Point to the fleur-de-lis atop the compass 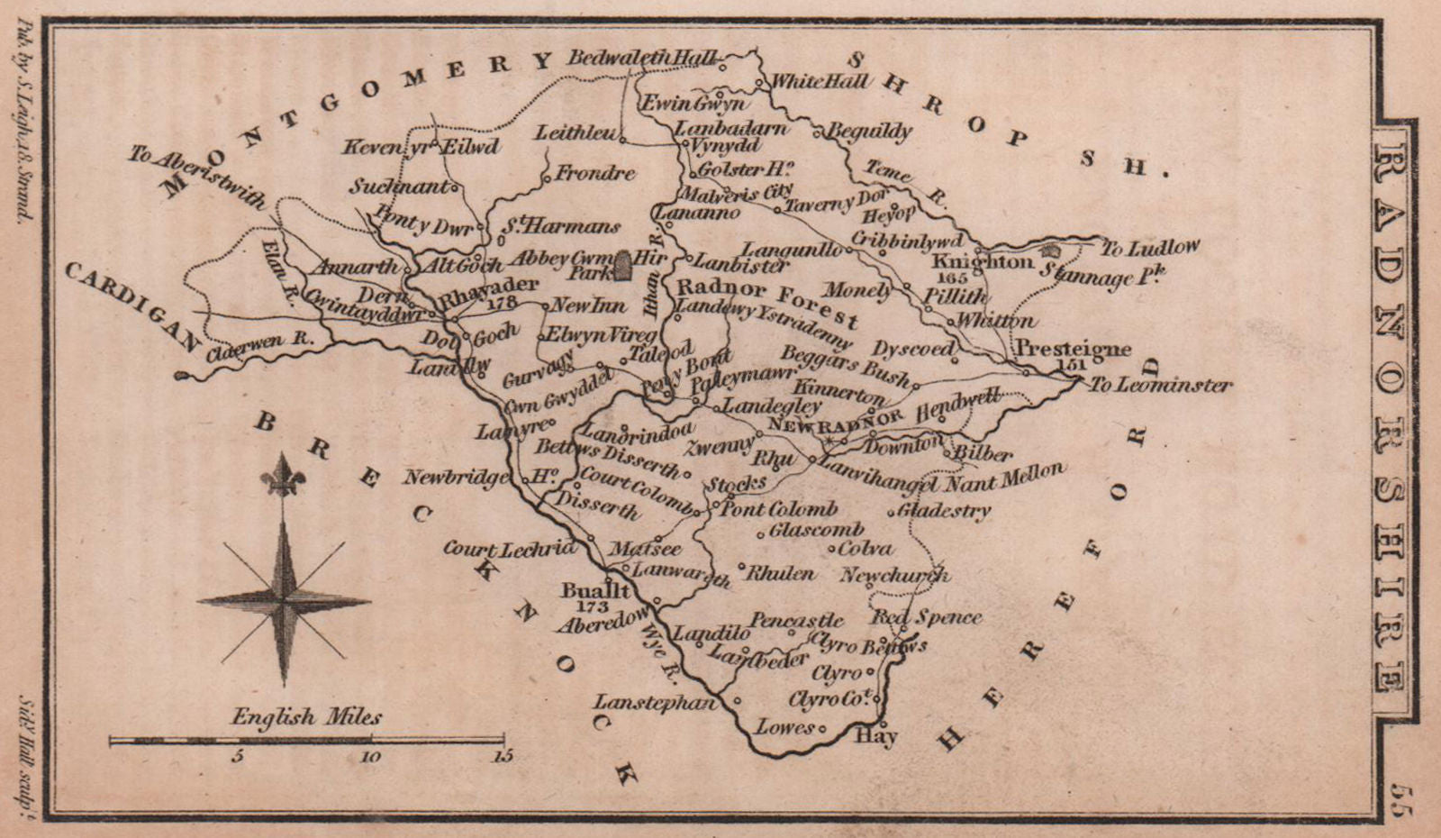(284, 474)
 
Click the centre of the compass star (284, 598)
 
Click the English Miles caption (306, 718)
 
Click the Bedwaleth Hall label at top (642, 57)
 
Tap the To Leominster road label (1160, 385)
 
